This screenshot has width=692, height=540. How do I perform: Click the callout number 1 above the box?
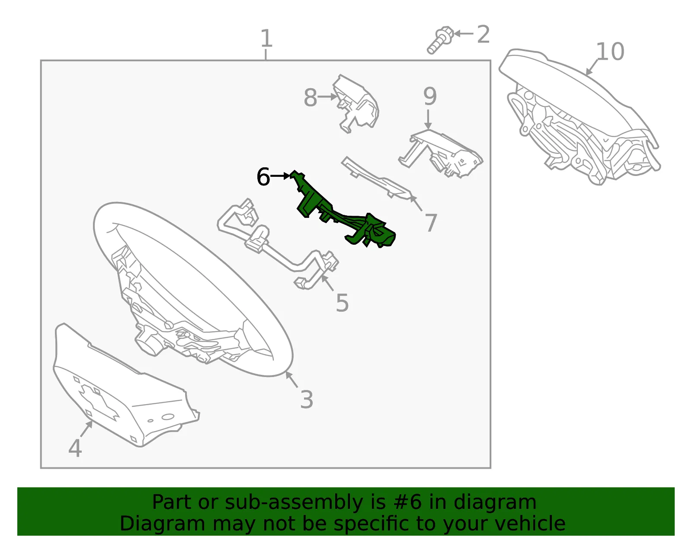point(267,38)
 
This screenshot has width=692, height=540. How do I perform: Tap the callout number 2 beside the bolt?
point(483,34)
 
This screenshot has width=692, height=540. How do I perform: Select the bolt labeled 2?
point(440,40)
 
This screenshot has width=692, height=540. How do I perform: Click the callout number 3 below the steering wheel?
point(306,399)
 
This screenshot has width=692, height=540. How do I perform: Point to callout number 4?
point(75,448)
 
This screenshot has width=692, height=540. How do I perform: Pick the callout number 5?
point(343,303)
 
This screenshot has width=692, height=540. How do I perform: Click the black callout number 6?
point(263,176)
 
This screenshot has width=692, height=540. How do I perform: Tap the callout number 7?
point(431,223)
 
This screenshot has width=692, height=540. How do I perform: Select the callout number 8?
point(310,97)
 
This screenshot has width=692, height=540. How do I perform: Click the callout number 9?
point(430,96)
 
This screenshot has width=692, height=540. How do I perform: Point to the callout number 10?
point(610,51)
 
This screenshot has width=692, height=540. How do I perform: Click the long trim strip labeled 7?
point(376,178)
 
